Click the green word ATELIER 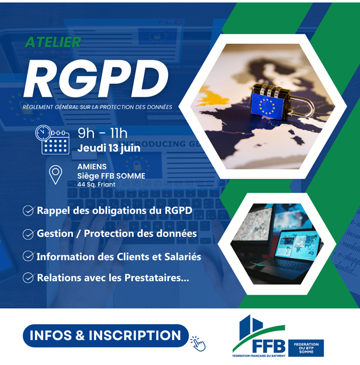(52, 42)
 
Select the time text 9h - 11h (103, 133)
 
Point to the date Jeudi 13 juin (109, 147)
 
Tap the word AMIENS (92, 167)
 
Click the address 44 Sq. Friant (96, 184)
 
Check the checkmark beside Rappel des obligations (28, 211)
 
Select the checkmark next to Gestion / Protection (28, 234)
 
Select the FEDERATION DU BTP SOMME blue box (306, 347)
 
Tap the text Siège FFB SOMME (111, 176)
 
